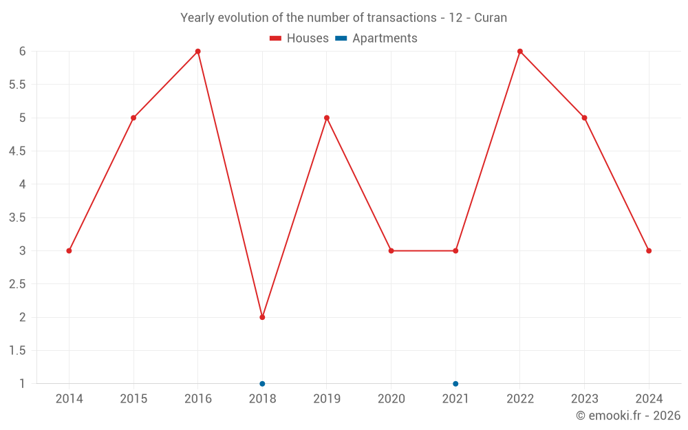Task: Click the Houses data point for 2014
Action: coord(69,250)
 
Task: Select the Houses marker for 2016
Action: coord(197,52)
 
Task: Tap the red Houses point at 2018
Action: coord(262,317)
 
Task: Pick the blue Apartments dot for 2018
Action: coord(262,383)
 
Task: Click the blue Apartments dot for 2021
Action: coord(455,383)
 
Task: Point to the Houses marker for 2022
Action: coord(519,52)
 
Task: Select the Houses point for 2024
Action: coord(649,250)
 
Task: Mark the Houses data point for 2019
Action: coord(327,118)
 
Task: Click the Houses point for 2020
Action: coord(391,250)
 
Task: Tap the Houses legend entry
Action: coord(299,39)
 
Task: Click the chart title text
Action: coord(343,18)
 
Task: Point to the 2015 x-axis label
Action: coord(133,399)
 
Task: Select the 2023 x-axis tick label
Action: coord(584,399)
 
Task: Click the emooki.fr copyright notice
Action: coord(627,416)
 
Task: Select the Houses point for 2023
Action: coord(584,118)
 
